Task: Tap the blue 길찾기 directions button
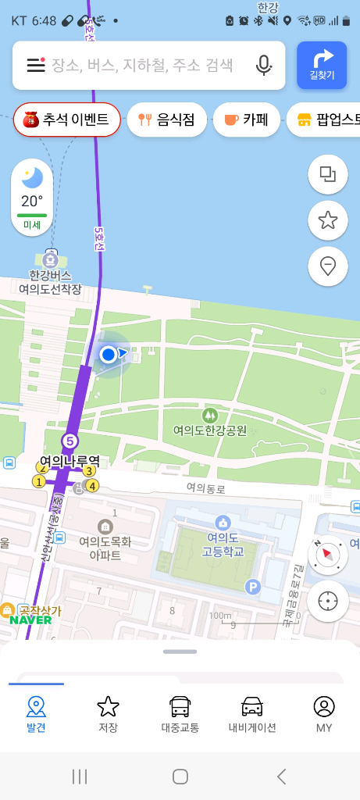point(322,65)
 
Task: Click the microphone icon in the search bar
point(264,65)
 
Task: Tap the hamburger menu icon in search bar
point(36,65)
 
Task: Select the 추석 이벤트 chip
point(66,120)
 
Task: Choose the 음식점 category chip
point(166,120)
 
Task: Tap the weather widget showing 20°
point(32,197)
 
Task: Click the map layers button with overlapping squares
point(328,175)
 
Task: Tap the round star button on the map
point(328,221)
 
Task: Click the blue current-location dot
point(109,355)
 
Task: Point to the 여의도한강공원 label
point(209,430)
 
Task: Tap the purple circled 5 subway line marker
point(70,441)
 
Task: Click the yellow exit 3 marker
point(89,470)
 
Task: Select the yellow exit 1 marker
point(38,481)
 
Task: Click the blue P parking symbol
point(252,587)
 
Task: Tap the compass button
point(328,555)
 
